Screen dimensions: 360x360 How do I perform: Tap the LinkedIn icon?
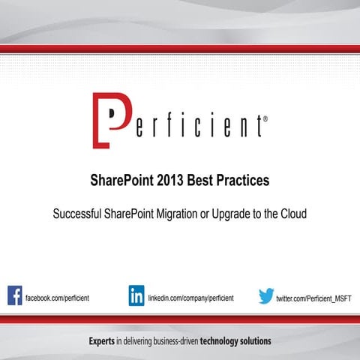coord(136,295)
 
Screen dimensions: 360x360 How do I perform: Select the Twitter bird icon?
coord(266,296)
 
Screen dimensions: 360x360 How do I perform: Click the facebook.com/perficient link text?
coord(58,298)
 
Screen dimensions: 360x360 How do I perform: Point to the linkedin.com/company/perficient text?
coord(190,298)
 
